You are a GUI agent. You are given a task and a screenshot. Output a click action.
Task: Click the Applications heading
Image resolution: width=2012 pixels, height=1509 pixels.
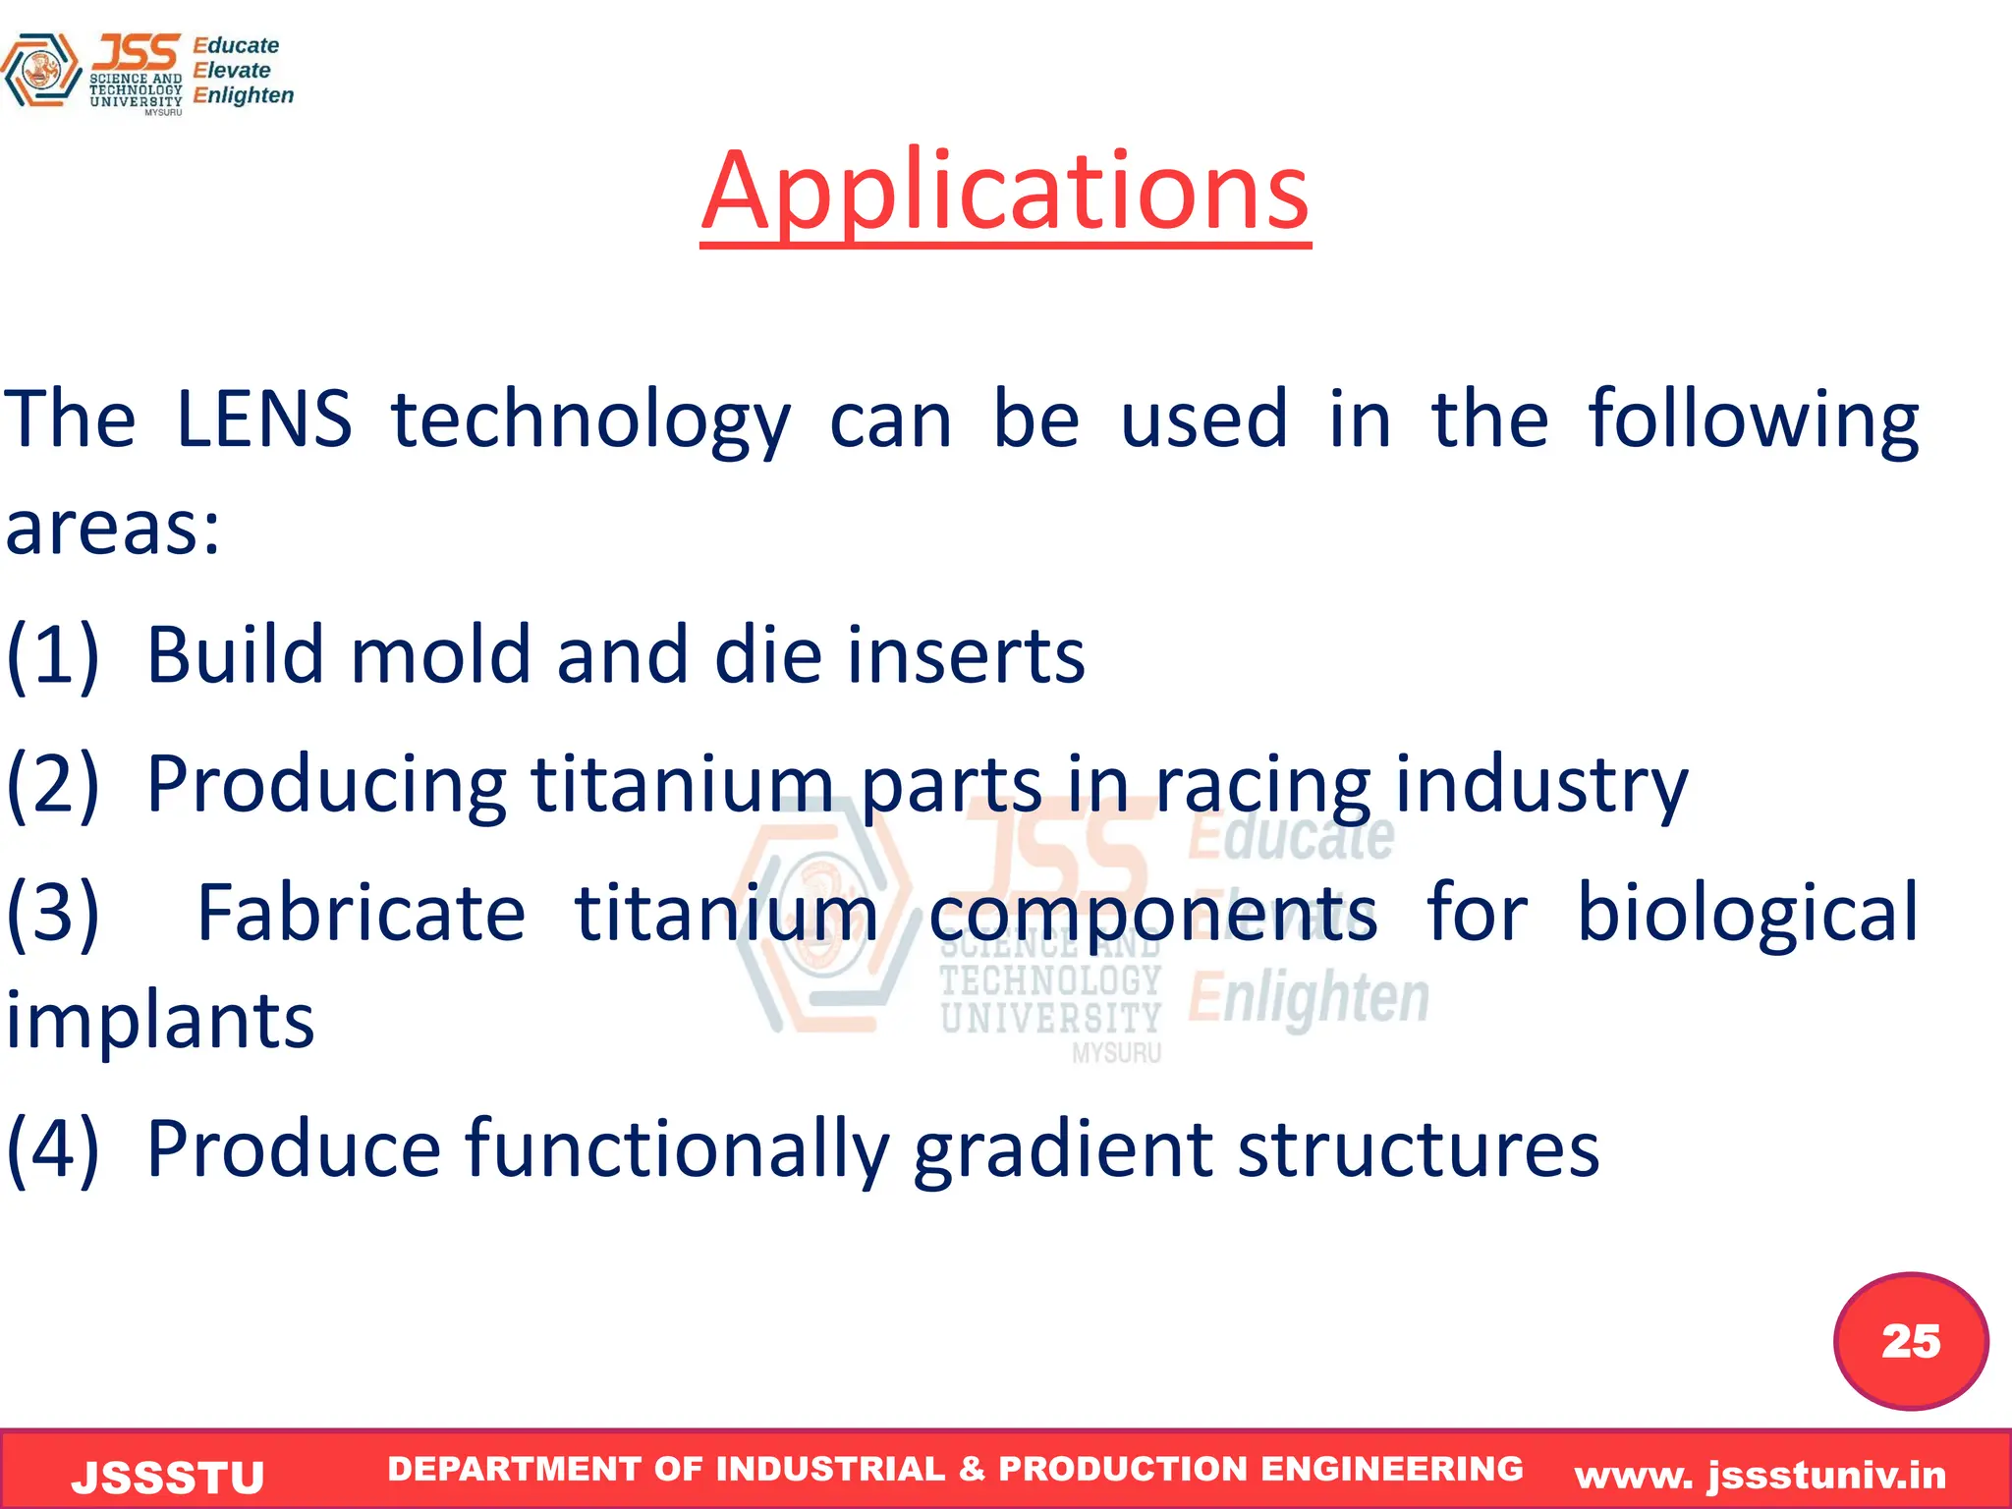point(1005,192)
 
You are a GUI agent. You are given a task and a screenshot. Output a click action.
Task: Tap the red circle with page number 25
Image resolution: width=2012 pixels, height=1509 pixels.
point(1911,1341)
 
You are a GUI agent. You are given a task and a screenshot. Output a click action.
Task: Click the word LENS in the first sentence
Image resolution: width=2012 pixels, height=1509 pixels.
point(263,419)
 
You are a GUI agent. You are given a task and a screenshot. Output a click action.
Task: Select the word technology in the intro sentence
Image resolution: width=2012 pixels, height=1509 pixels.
point(590,422)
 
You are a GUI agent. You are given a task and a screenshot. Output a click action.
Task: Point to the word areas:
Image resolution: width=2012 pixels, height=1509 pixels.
point(113,529)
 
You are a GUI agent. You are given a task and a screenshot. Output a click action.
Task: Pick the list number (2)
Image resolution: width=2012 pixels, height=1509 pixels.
point(53,785)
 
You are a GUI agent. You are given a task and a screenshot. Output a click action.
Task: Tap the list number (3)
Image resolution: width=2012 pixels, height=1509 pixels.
point(53,914)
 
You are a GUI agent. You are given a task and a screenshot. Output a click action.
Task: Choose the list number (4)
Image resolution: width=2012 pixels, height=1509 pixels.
point(53,1148)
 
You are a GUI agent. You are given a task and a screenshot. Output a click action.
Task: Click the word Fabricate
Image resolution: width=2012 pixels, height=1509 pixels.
point(361,914)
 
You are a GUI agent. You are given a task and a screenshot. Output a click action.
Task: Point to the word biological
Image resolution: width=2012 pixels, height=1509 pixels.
point(1747,914)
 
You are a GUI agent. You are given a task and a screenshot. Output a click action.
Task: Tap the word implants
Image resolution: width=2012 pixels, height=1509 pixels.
point(160,1022)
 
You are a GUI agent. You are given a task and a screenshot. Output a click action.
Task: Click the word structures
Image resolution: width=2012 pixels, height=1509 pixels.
point(1418,1150)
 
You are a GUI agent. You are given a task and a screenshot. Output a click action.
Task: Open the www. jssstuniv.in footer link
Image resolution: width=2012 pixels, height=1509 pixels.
point(1760,1475)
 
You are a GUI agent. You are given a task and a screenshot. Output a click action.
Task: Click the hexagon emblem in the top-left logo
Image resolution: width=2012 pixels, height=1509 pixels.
point(40,70)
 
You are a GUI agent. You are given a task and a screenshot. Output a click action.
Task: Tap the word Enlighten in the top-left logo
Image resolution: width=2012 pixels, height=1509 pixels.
point(244,95)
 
